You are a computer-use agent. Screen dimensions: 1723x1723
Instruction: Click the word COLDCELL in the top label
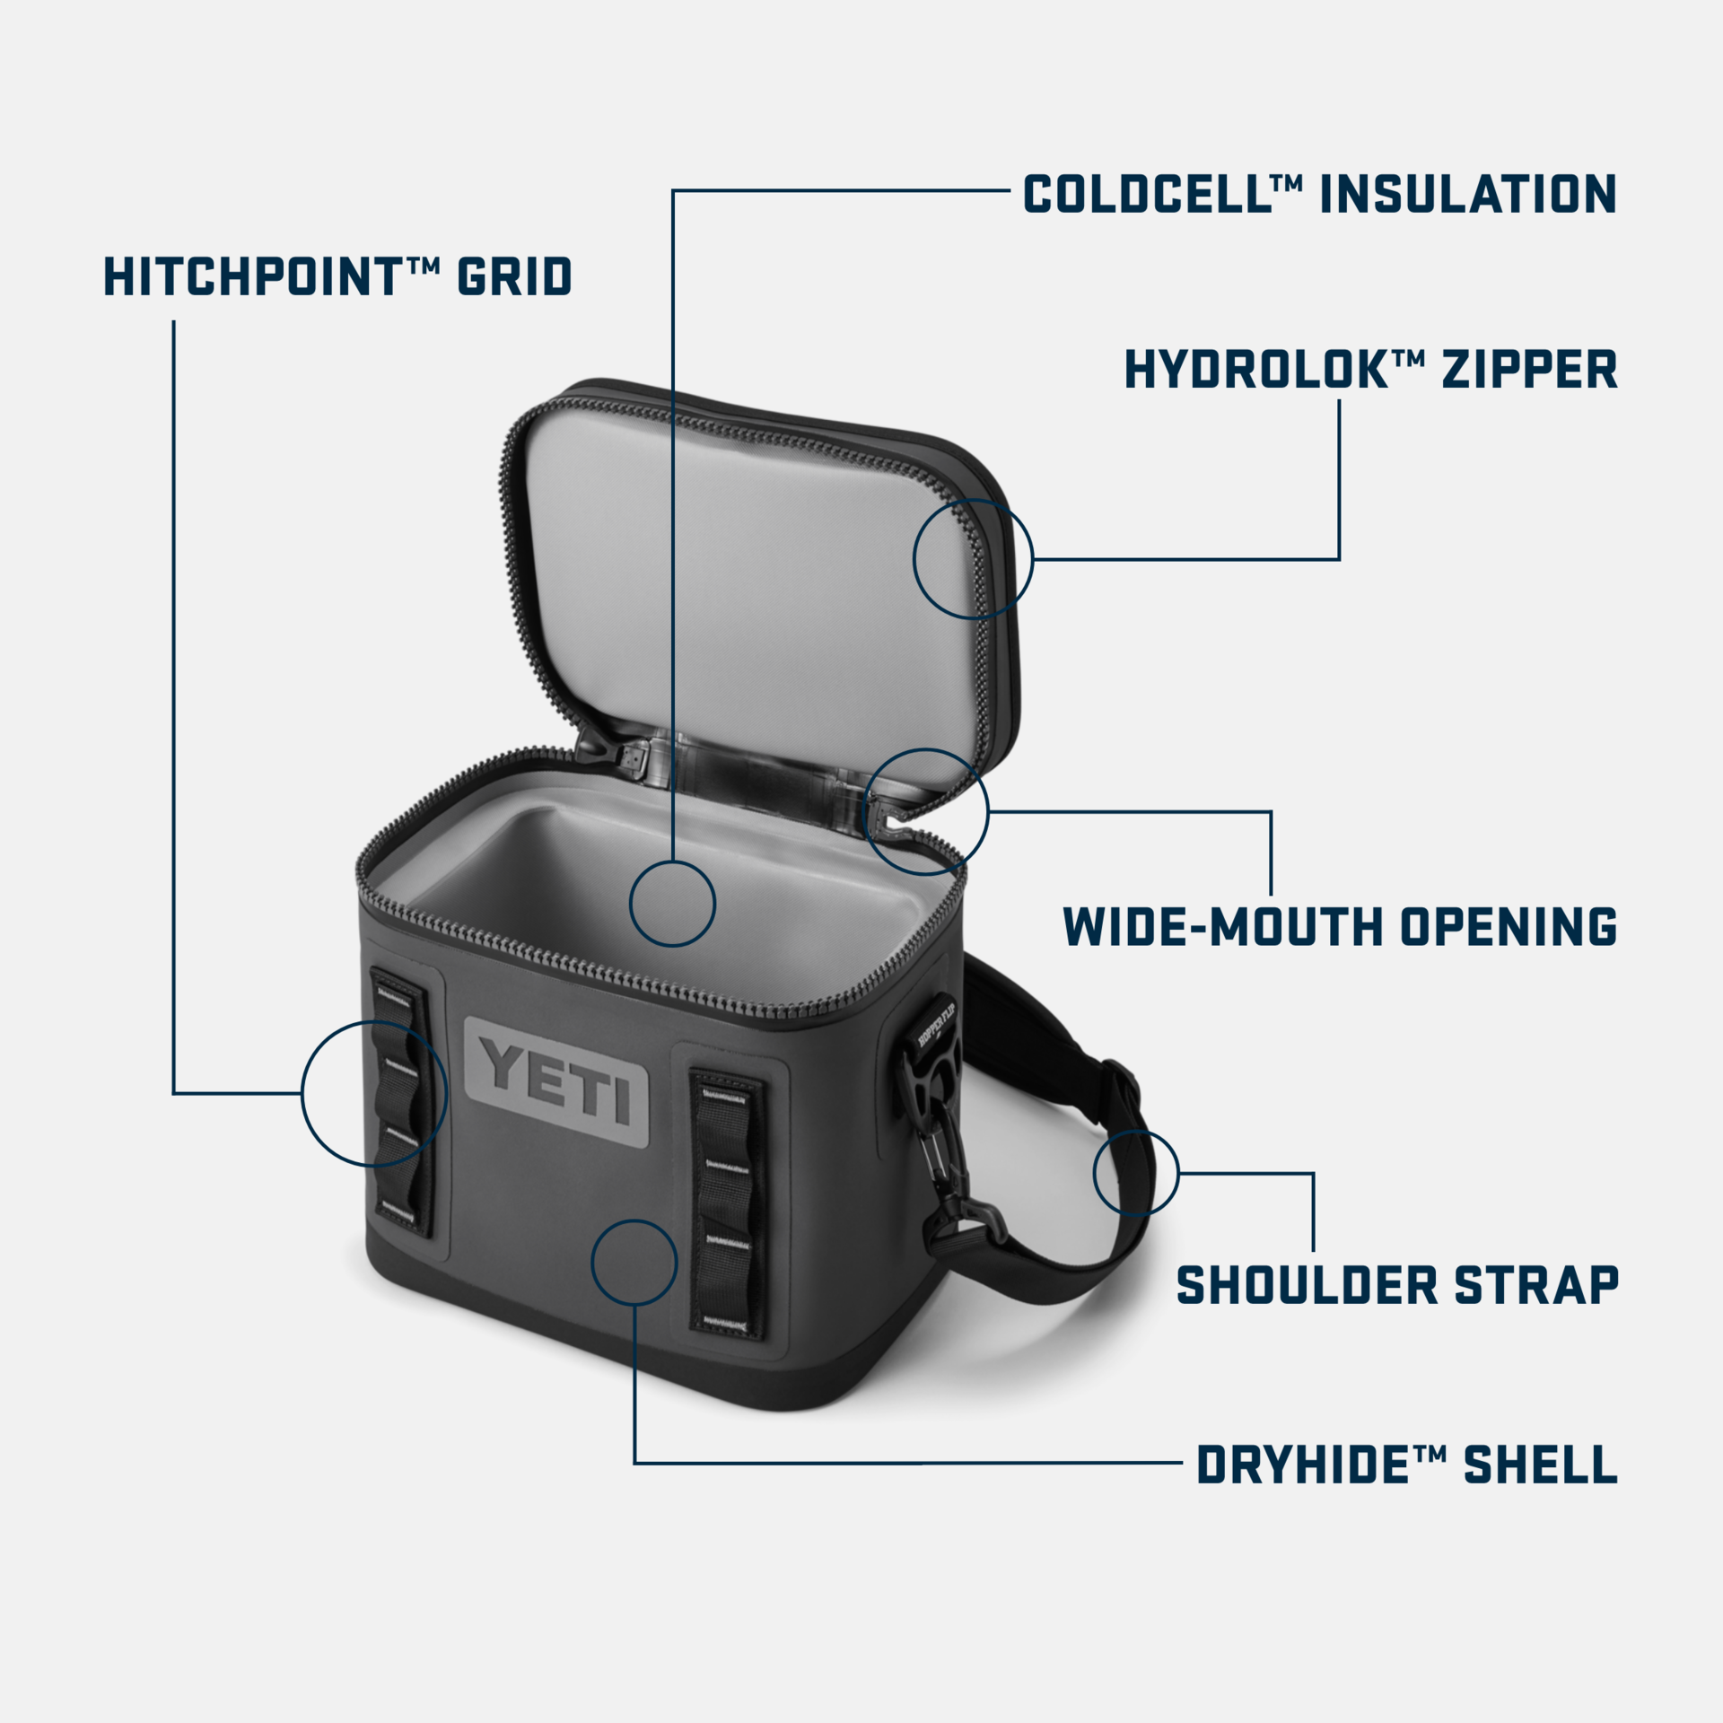pyautogui.click(x=1146, y=195)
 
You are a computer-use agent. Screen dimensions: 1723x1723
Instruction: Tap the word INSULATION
pyautogui.click(x=1468, y=195)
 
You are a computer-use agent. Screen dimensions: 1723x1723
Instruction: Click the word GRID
pyautogui.click(x=514, y=276)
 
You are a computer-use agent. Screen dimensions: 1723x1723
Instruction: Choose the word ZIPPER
pyautogui.click(x=1529, y=370)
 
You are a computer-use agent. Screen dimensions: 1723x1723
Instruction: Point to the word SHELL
pyautogui.click(x=1540, y=1465)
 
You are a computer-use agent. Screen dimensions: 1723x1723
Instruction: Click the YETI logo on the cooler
pyautogui.click(x=557, y=1082)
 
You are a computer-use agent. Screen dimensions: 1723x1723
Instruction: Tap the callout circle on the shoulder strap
pyautogui.click(x=1135, y=1173)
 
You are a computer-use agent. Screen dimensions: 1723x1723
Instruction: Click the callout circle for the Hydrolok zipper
pyautogui.click(x=973, y=559)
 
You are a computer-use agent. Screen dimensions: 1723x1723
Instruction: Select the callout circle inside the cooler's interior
pyautogui.click(x=672, y=904)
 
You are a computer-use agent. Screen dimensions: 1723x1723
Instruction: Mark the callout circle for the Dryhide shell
pyautogui.click(x=634, y=1263)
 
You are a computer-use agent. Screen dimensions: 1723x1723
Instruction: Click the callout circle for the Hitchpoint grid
pyautogui.click(x=374, y=1093)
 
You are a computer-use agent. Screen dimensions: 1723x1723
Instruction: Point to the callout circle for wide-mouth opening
pyautogui.click(x=925, y=812)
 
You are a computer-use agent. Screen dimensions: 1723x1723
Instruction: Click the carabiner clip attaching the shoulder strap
pyautogui.click(x=939, y=1158)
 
